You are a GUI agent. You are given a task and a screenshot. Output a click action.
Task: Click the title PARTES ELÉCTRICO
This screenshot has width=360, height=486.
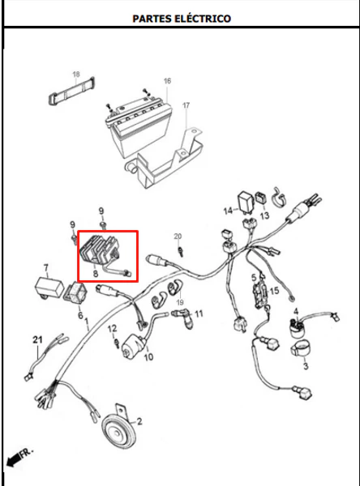pos(182,19)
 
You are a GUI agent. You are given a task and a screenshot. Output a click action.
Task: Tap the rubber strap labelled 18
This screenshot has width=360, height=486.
pos(71,90)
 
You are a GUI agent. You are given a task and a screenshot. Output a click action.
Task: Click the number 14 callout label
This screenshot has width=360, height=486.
pos(228,211)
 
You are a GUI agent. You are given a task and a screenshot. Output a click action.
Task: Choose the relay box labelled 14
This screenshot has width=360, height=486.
pos(246,202)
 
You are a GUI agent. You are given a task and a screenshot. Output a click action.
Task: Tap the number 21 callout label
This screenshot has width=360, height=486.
pos(37,339)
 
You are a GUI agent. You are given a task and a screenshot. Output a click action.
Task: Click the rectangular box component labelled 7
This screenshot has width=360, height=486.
pos(48,288)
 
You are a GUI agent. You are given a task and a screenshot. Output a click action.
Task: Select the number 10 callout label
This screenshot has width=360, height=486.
pos(148,357)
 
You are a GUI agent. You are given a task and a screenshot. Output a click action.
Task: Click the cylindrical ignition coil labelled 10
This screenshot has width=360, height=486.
pos(134,347)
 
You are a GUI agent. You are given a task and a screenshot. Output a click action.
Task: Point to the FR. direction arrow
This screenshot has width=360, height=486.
pos(19,457)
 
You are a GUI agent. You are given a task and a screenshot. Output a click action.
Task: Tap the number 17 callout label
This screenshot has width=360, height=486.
pos(186,105)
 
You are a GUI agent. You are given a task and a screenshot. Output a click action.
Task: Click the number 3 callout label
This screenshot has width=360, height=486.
pos(306,366)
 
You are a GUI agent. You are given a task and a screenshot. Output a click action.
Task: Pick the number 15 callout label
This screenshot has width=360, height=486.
pos(274,291)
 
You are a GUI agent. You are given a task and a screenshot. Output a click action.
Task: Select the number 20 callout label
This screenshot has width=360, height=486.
pos(178,237)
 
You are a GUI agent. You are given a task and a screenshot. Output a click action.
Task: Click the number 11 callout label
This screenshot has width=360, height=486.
pos(199,313)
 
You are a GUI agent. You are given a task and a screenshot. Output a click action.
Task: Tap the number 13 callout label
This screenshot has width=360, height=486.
pos(264,215)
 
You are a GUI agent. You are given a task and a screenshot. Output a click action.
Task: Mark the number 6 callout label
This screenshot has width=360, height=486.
pos(80,315)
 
